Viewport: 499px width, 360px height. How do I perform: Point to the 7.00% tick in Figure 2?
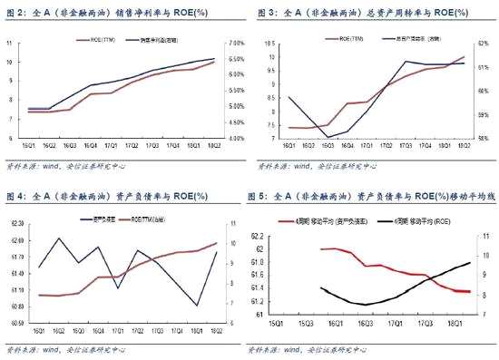click(234, 44)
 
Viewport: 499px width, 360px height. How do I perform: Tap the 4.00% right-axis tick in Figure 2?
click(234, 139)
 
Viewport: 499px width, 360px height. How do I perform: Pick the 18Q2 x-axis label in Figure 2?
click(215, 145)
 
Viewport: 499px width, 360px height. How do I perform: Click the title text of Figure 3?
click(358, 14)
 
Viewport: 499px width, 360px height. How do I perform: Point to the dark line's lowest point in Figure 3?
click(328, 136)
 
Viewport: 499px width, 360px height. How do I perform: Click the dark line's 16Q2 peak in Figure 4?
click(59, 238)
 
